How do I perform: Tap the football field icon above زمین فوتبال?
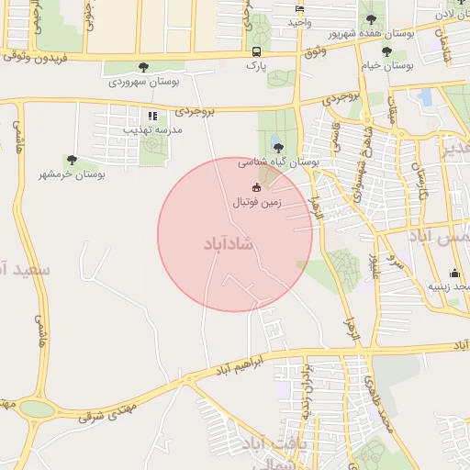(255, 188)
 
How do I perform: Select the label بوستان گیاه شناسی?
(279, 162)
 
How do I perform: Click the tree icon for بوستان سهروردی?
(143, 66)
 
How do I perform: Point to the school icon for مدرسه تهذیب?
(152, 117)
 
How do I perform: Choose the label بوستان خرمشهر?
(73, 173)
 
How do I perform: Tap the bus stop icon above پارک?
(255, 51)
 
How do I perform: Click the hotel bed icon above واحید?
(299, 8)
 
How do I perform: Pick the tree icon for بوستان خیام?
(386, 52)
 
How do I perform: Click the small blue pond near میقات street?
(424, 96)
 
